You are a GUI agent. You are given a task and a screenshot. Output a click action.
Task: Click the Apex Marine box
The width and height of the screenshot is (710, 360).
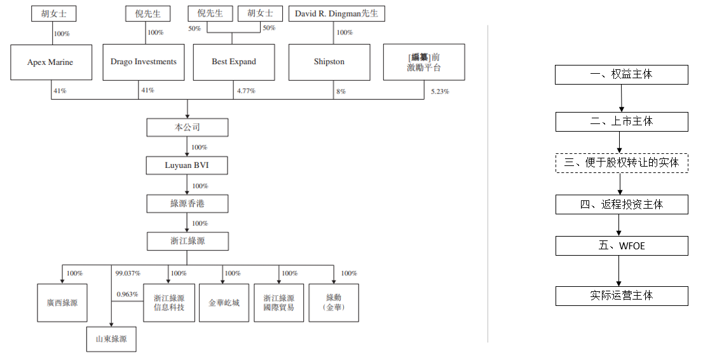(x=50, y=62)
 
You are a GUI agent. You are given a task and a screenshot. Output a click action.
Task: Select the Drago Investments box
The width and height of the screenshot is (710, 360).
(x=143, y=62)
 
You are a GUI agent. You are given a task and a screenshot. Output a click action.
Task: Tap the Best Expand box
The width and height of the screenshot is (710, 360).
(x=234, y=62)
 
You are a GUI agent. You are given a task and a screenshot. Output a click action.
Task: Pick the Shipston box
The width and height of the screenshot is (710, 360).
(x=329, y=62)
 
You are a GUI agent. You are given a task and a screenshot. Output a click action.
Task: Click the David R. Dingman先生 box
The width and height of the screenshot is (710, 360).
(x=336, y=13)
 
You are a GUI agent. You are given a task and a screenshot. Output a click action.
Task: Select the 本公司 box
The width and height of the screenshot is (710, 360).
(x=187, y=127)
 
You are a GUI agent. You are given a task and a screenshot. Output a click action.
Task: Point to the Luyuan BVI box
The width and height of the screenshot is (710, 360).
(x=187, y=166)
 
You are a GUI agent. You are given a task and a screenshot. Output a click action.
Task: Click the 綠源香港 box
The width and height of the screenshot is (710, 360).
(x=187, y=204)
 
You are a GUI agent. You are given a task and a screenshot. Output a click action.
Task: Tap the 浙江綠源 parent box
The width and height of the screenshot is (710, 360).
(x=187, y=241)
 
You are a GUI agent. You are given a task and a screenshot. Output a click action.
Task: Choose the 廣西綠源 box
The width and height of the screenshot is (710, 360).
(x=62, y=303)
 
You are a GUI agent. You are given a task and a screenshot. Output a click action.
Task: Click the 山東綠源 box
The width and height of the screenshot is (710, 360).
(x=111, y=339)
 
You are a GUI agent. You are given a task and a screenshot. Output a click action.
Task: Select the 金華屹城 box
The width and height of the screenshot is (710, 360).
(x=224, y=303)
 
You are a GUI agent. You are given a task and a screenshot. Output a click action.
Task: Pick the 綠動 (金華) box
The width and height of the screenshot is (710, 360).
(x=334, y=303)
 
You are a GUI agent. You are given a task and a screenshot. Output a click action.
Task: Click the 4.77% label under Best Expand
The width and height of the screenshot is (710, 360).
(x=246, y=91)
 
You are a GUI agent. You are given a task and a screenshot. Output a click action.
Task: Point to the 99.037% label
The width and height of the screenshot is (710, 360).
(x=126, y=273)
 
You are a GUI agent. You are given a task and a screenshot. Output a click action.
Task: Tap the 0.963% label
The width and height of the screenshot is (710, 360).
(x=126, y=294)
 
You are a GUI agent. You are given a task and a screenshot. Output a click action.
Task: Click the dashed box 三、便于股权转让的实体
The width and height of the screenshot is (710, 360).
(x=621, y=163)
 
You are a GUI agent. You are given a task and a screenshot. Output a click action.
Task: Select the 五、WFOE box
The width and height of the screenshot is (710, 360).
(x=621, y=246)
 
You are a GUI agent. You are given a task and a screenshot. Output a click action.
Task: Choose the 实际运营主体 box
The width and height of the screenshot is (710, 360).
(x=621, y=296)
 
